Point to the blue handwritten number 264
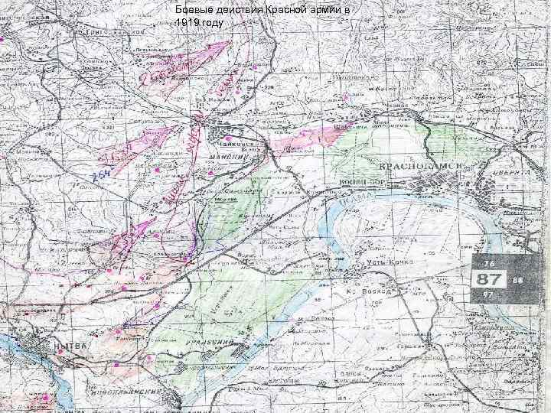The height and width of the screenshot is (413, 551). coord(99,177)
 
